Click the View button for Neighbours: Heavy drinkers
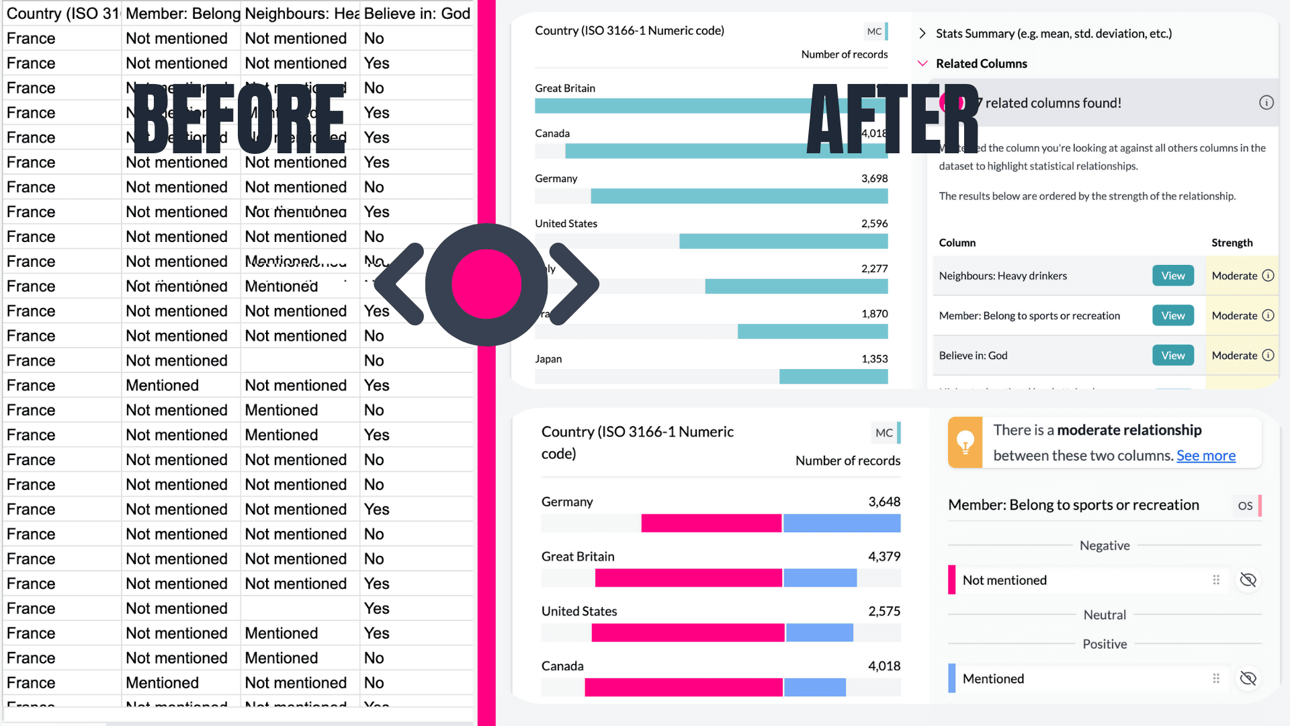coord(1173,276)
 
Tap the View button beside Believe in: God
coord(1173,356)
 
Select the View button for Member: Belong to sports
coord(1173,316)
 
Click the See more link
coord(1205,456)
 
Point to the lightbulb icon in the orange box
coord(965,442)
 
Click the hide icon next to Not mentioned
coord(1248,580)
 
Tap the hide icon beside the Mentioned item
coord(1248,679)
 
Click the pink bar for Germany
coord(711,523)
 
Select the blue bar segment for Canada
coord(814,687)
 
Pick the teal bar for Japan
coord(833,376)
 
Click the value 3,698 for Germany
coord(874,179)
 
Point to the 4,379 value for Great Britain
coord(884,557)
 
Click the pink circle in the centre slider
coord(486,284)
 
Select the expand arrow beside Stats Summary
coord(922,34)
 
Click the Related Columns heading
coord(981,64)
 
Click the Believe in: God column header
coord(417,13)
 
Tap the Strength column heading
coord(1232,243)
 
